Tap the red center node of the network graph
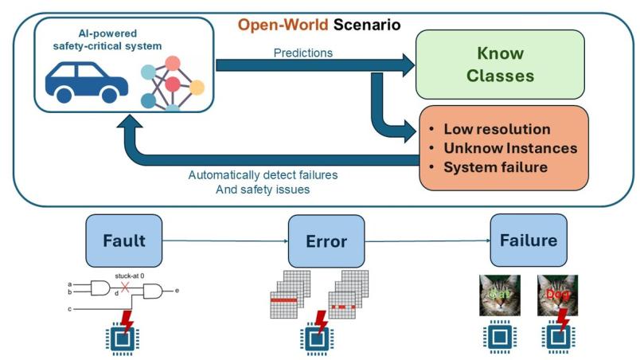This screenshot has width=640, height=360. (x=173, y=84)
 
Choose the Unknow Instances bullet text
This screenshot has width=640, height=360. (x=509, y=148)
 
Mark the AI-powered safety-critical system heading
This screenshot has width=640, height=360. (x=121, y=39)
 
